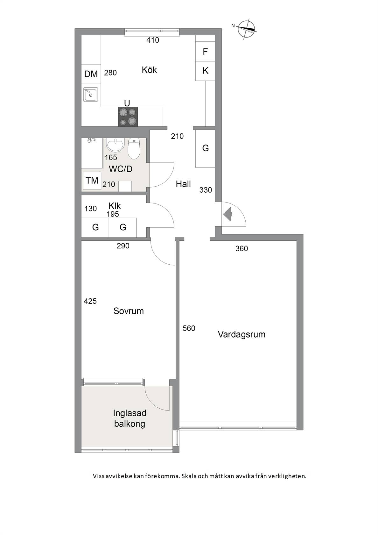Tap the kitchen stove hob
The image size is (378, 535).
click(128, 117)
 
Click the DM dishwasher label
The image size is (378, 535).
click(91, 74)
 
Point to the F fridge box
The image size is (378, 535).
click(205, 52)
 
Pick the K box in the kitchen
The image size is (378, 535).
click(205, 71)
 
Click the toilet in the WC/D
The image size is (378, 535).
click(134, 148)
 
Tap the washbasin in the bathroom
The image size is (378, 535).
click(115, 145)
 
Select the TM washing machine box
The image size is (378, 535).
click(92, 181)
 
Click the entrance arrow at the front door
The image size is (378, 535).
click(228, 214)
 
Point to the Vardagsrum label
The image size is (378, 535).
click(241, 334)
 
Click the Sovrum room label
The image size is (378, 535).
click(129, 311)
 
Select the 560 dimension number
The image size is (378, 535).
click(189, 328)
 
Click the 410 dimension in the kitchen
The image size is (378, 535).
click(152, 40)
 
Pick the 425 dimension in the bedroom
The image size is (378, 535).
click(90, 301)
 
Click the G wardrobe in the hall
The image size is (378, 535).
click(205, 148)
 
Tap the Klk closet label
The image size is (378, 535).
click(115, 206)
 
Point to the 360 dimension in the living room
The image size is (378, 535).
click(241, 249)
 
